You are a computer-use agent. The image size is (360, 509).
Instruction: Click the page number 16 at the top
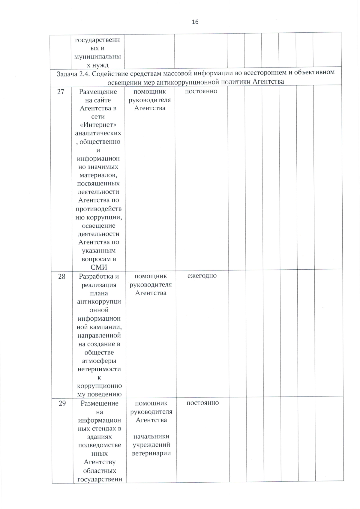195,22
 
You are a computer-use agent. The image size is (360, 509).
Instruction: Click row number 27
61,92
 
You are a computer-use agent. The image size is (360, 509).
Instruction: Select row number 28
61,276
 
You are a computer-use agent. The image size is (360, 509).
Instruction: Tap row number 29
62,403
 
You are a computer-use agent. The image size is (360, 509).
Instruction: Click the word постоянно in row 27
201,91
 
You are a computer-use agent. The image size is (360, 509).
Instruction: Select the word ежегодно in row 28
202,276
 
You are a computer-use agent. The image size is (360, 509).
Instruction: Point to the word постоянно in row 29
202,403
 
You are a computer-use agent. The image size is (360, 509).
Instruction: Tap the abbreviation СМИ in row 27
99,267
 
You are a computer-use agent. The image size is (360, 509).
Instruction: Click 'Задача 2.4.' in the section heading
73,73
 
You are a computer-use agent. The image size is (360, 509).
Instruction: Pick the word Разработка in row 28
96,276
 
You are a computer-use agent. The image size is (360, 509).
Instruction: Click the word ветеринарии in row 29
151,453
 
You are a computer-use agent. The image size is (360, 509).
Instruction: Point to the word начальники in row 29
151,436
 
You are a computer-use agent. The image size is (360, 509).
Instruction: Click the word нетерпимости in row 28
99,369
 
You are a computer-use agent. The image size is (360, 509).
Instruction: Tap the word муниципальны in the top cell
98,57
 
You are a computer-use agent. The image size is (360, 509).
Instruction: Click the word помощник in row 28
151,276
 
